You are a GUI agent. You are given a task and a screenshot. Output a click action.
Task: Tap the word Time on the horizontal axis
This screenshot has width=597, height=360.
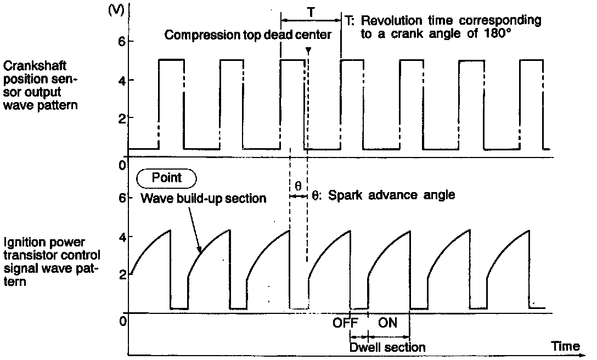click(x=565, y=346)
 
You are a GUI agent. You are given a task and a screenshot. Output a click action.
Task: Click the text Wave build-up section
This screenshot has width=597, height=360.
click(x=203, y=198)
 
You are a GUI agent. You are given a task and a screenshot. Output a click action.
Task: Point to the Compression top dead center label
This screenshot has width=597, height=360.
click(x=248, y=36)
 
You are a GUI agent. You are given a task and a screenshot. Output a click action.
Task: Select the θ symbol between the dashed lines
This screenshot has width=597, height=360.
click(x=298, y=186)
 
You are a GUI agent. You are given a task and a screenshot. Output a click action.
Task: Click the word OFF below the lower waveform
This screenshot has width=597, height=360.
click(x=346, y=323)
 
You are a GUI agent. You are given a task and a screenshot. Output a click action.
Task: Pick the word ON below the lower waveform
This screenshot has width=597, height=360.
click(x=388, y=323)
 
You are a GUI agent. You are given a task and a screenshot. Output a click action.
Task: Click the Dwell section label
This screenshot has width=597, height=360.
click(x=387, y=347)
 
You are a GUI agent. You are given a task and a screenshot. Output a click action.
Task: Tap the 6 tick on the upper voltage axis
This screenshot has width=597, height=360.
click(x=123, y=42)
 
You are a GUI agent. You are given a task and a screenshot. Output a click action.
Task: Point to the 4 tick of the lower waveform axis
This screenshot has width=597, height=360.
click(x=123, y=237)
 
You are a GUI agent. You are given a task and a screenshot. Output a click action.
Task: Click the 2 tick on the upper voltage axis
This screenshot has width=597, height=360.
click(x=123, y=119)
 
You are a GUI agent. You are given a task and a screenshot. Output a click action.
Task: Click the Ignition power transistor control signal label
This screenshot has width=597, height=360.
click(x=52, y=261)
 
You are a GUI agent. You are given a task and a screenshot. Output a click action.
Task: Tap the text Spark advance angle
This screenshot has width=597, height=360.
click(x=391, y=195)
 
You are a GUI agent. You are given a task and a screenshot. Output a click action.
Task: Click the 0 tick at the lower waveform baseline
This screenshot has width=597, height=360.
click(x=123, y=320)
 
